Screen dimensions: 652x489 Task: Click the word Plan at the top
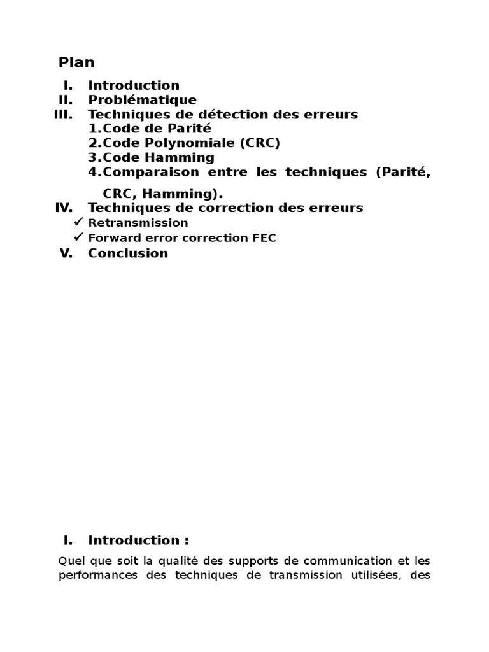coord(76,62)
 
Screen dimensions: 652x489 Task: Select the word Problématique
coord(142,100)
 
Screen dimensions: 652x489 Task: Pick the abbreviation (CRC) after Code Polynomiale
coord(260,143)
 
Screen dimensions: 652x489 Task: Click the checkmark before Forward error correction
coord(79,237)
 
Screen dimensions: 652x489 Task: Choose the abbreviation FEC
coord(264,238)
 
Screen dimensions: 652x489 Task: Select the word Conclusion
coord(128,253)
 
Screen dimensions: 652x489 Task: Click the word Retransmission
coord(138,223)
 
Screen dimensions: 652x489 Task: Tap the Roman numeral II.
coord(66,100)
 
